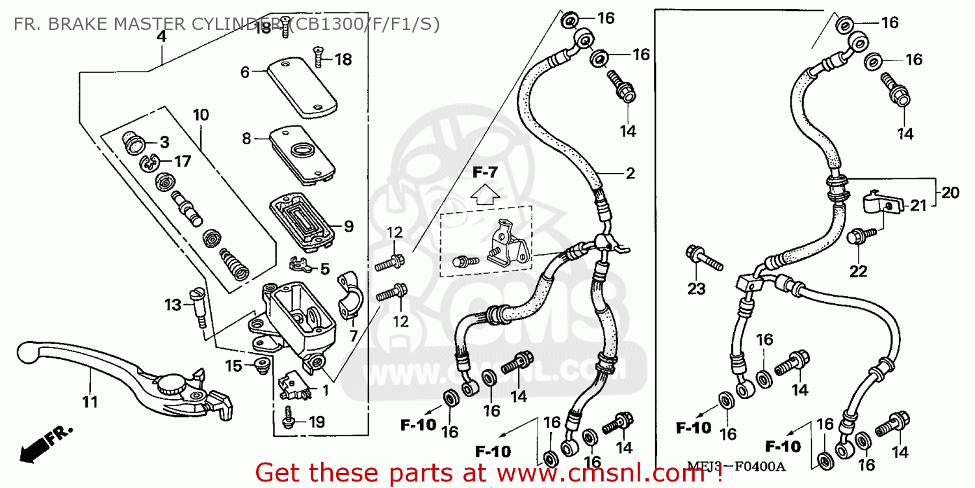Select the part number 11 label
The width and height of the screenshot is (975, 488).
click(90, 401)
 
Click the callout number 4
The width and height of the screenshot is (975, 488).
click(161, 37)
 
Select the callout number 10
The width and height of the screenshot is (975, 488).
click(201, 116)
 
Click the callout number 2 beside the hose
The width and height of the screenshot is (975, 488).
click(630, 174)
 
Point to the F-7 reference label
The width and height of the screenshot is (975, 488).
click(485, 172)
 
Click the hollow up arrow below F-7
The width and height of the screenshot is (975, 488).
click(485, 193)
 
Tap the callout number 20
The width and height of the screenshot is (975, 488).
click(950, 193)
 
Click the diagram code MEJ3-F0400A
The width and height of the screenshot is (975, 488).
click(736, 467)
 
